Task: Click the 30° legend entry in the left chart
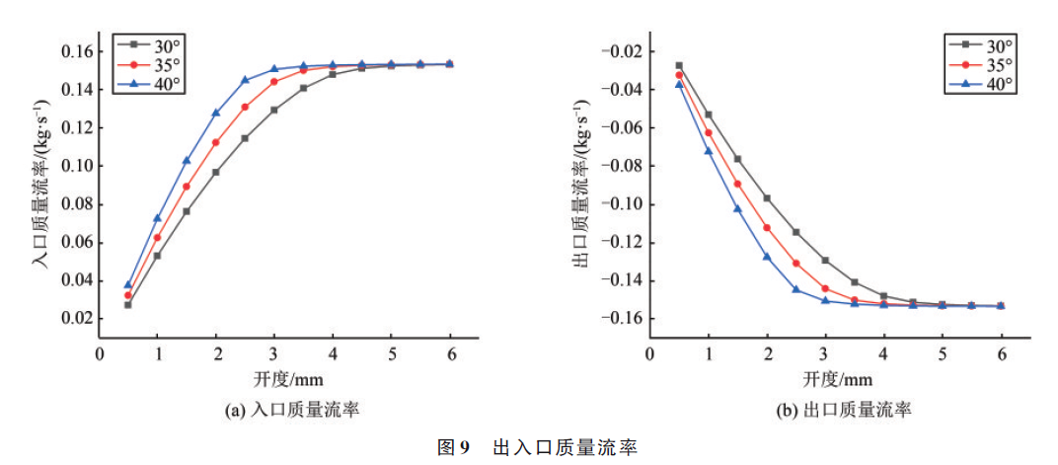coord(151,44)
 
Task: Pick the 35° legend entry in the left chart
coord(151,64)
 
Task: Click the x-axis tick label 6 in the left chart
coord(451,353)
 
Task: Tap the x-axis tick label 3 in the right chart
coord(826,353)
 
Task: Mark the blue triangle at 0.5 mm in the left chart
coord(127,285)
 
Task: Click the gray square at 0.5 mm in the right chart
coord(679,66)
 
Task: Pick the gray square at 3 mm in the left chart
coord(274,110)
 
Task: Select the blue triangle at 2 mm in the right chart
coord(767,257)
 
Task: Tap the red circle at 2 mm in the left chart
coord(215,142)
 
